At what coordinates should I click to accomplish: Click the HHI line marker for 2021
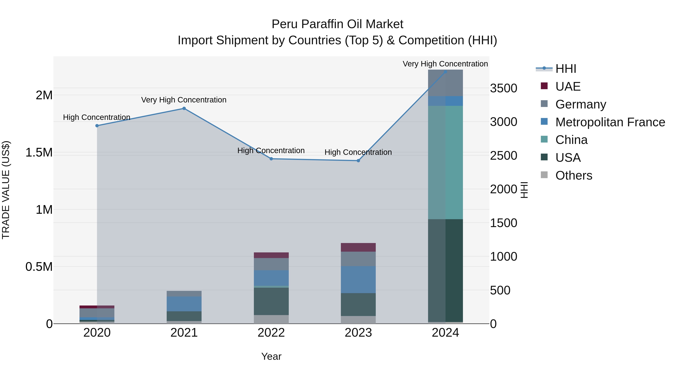[184, 108]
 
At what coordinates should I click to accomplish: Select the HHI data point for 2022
[271, 159]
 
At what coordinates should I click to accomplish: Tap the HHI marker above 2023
[358, 160]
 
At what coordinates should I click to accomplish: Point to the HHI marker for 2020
[97, 126]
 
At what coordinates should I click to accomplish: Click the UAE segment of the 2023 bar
[358, 247]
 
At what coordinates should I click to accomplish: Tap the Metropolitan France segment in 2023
[358, 280]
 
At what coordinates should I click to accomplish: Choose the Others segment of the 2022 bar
[271, 319]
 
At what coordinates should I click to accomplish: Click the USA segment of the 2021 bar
[184, 316]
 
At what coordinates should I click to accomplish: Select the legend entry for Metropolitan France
[610, 122]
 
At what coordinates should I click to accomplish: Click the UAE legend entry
[568, 87]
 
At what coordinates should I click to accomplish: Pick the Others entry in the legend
[574, 175]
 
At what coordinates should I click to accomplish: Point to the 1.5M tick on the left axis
[39, 152]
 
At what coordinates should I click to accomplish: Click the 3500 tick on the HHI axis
[503, 88]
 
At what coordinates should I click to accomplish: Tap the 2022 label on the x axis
[271, 333]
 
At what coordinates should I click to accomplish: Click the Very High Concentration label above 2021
[184, 100]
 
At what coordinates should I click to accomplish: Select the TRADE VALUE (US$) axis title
[6, 190]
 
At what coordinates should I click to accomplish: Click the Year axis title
[271, 356]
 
